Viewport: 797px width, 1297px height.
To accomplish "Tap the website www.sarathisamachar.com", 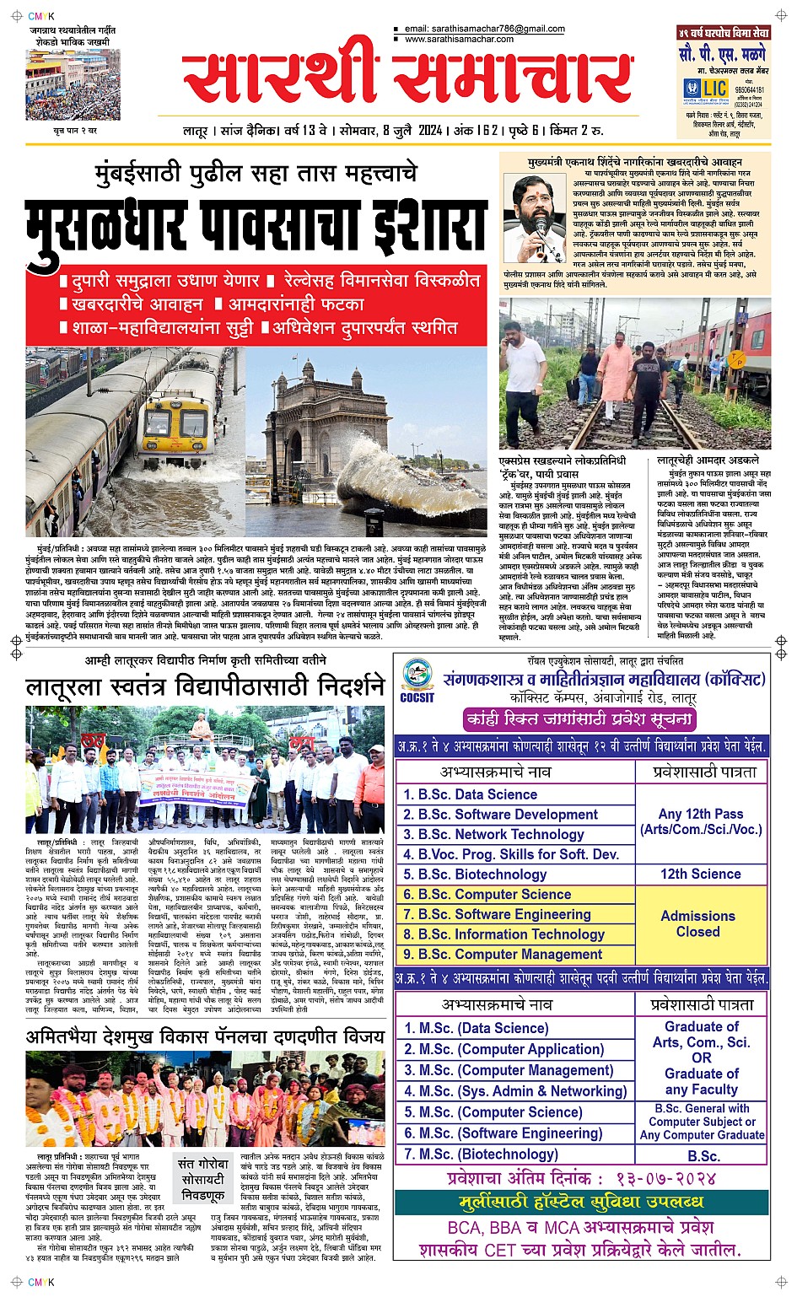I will [x=459, y=39].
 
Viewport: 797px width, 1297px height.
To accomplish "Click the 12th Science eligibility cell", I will [x=700, y=874].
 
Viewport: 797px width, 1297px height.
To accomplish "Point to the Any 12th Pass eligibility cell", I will [x=700, y=821].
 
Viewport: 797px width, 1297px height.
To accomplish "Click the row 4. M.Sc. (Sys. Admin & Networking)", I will [x=515, y=1091].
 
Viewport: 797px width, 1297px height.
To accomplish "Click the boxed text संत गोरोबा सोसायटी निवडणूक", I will [x=202, y=1179].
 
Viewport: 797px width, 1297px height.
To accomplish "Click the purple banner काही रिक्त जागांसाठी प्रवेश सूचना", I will [x=580, y=719].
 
